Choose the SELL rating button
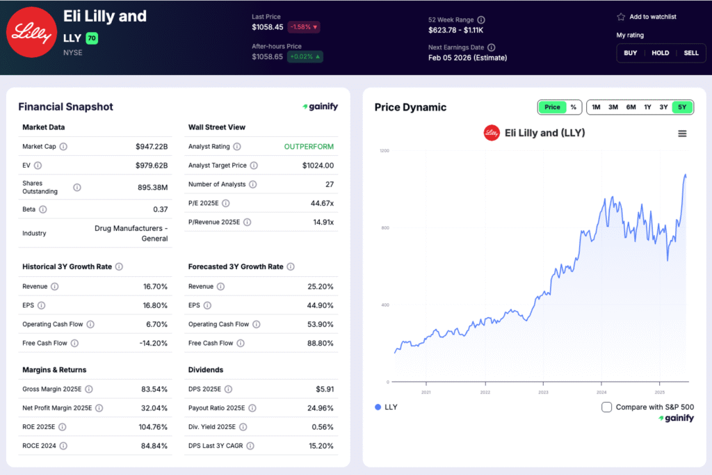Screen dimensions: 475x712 690,53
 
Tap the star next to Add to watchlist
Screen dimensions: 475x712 621,17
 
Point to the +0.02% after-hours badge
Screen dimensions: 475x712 306,56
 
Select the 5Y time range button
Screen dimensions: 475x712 682,107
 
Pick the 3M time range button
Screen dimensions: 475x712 613,107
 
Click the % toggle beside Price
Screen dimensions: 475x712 573,107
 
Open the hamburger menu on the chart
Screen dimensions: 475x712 682,134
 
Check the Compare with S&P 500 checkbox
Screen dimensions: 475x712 606,407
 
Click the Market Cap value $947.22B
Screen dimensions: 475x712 152,147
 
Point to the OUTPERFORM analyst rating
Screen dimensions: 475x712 309,147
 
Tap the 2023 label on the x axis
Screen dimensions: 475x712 542,392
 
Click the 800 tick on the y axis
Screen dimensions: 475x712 384,228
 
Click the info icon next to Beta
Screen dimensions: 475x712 42,209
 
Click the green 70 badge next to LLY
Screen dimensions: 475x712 92,38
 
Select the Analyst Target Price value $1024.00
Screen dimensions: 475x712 318,166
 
